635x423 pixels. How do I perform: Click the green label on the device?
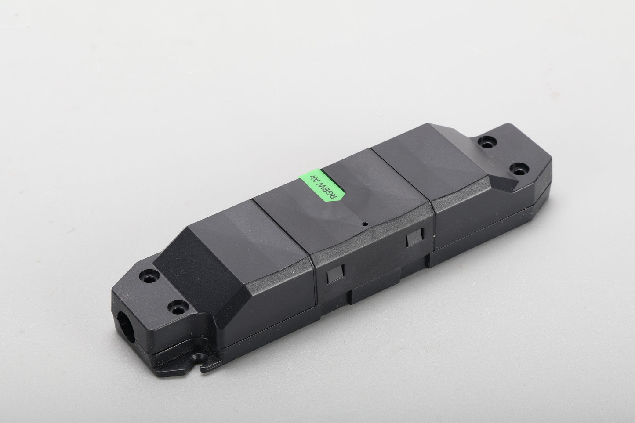[x=322, y=185]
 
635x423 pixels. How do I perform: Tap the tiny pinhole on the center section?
[x=365, y=224]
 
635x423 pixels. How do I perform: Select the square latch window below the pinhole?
[x=415, y=238]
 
